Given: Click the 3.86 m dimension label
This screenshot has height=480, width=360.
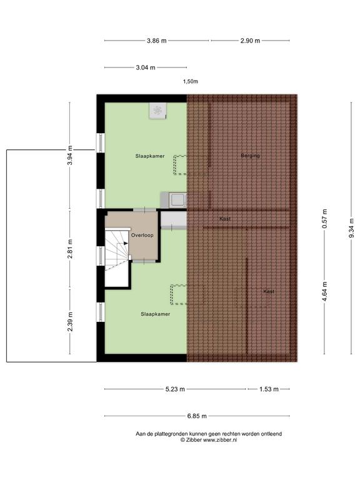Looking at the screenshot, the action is pos(157,41).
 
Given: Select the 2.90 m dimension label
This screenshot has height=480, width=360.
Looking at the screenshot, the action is pos(250,41).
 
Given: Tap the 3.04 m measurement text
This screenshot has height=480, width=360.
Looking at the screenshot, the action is pos(146,67).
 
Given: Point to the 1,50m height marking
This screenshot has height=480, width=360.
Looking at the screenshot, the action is pos(191,81).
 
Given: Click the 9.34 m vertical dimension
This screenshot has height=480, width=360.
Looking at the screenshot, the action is pos(351,228).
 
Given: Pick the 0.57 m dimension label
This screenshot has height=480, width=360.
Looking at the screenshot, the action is pos(324,219).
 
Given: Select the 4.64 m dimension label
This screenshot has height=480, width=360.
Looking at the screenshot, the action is pos(324,291).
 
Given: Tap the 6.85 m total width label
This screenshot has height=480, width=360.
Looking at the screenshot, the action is pos(197,416).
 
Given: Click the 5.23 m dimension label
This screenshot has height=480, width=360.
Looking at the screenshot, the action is pos(175,389).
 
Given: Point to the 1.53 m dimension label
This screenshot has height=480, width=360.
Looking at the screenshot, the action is pos(269,389).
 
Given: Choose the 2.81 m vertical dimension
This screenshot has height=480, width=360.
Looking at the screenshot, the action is pos(70,249).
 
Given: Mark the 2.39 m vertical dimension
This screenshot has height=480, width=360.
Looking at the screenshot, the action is pos(70,321).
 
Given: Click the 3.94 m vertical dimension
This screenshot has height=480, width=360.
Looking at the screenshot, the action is pos(70,155).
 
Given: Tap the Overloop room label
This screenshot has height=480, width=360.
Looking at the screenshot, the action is pos(142,235).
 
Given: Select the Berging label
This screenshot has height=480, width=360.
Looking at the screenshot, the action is pos(250,156).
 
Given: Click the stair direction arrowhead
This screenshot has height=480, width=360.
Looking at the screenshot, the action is pos(126,243).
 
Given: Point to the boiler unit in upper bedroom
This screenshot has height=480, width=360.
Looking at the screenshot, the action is pos(158,111).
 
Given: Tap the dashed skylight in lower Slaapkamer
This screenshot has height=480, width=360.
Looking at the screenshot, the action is pos(179,294).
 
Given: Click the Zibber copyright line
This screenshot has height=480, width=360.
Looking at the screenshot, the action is pos(209,440).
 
